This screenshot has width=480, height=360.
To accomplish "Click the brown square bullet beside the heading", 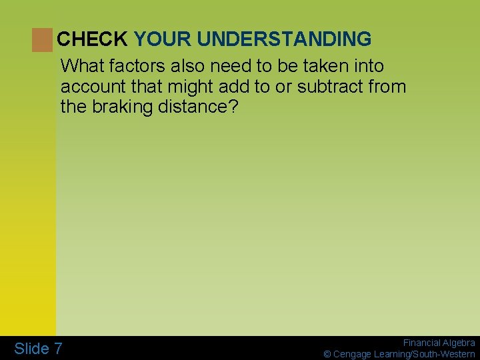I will click(41, 40).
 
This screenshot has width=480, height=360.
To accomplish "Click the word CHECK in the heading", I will click(92, 39).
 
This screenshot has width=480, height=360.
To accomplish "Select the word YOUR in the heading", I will click(163, 39).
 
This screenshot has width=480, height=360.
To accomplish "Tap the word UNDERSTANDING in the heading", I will click(284, 39).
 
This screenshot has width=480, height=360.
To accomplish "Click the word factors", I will click(135, 66).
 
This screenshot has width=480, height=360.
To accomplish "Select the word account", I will click(90, 86).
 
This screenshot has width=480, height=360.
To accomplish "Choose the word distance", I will click(193, 106).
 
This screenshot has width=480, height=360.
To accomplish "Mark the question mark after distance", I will click(233, 106).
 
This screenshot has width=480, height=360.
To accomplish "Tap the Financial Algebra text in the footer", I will click(439, 343).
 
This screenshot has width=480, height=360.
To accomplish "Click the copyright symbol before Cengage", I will click(327, 354).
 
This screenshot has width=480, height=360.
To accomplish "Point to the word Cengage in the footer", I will click(353, 354).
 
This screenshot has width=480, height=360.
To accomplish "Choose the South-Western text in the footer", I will click(447, 354).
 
